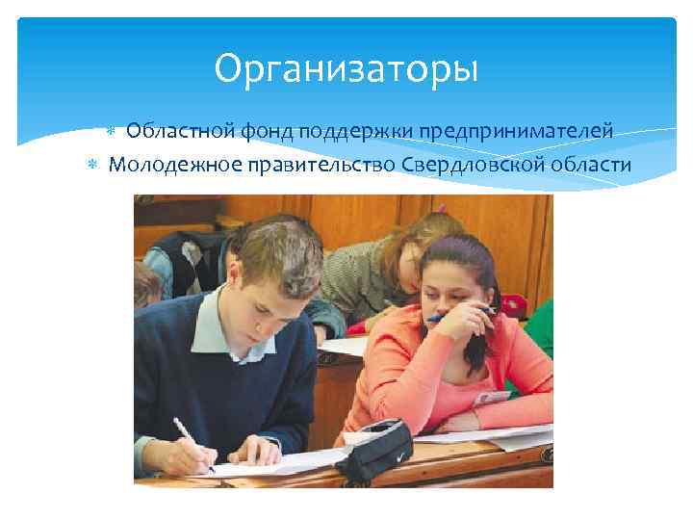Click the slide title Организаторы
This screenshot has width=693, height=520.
click(x=346, y=68)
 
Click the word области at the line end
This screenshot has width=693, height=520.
click(x=591, y=164)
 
